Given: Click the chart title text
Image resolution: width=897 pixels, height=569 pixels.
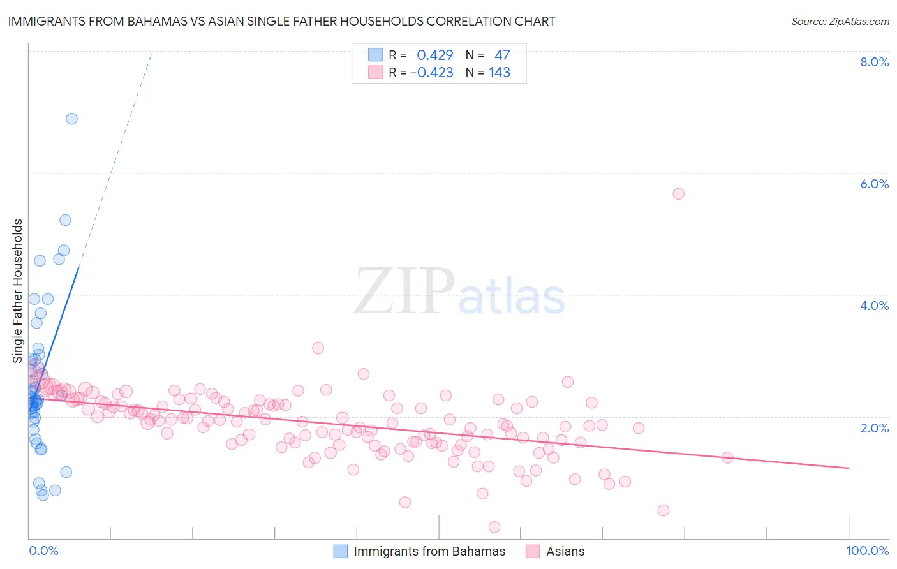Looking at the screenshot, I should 281,21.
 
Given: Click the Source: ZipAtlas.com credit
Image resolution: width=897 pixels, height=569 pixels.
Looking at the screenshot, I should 840,21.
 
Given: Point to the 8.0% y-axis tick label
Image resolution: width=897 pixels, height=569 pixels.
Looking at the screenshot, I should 874,62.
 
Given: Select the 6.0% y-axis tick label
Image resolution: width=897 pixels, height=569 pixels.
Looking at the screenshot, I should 874,184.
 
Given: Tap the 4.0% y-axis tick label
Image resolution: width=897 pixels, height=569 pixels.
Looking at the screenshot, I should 874,306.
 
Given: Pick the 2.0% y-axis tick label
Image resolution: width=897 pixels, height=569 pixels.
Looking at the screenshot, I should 874,428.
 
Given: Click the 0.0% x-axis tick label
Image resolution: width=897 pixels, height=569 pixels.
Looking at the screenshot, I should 43,551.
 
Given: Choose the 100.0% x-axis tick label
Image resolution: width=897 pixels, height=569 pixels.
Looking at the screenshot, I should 867,551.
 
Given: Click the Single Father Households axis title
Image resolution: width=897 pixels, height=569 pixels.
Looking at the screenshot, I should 17,291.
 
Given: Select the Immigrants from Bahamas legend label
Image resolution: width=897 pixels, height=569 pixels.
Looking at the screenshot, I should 429,551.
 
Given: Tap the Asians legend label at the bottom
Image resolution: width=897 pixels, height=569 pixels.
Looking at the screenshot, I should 565,551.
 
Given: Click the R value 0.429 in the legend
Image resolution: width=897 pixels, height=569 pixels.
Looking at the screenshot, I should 434,55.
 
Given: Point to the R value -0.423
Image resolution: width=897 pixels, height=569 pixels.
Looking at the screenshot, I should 432,73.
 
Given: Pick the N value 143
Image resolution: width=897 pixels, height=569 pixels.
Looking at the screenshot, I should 500,73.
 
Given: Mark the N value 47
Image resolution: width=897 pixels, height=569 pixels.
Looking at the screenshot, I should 502,55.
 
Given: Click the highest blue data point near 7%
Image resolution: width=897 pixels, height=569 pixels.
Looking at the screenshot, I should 71,119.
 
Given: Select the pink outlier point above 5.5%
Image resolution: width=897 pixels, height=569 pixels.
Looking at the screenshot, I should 678,193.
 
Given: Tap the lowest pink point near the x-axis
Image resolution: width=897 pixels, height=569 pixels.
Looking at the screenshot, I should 494,527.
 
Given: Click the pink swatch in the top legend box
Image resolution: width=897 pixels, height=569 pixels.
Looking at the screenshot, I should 375,72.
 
